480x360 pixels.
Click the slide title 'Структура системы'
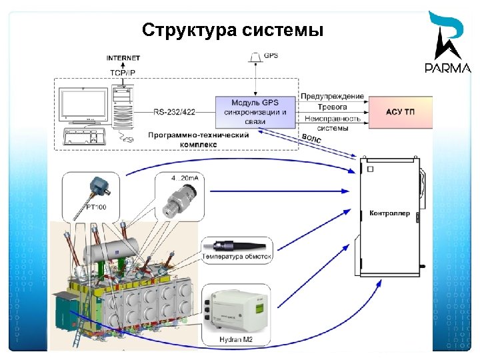coord(233,31)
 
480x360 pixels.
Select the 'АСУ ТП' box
coord(400,112)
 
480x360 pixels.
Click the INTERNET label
coord(123,59)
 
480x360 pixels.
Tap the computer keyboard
coord(85,137)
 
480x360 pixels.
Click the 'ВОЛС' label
coord(312,139)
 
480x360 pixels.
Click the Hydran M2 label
coord(237,340)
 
